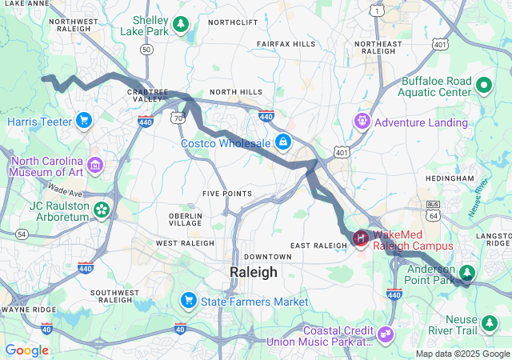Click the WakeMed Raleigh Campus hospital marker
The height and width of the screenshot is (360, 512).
361,238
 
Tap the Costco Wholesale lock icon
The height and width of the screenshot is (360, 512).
282,142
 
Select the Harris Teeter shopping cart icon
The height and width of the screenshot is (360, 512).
83,121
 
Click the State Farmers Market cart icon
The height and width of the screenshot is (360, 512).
189,301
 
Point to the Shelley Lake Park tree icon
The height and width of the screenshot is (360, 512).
182,24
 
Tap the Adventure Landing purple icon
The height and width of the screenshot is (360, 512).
362,122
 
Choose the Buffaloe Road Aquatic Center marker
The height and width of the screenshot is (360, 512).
484,84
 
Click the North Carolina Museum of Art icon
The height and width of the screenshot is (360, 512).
95,165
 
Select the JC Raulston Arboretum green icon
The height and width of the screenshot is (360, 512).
102,210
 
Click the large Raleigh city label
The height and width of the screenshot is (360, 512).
253,272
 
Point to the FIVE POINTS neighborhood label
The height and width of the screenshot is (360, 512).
227,194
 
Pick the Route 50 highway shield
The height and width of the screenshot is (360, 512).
146,49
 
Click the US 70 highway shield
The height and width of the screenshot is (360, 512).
177,118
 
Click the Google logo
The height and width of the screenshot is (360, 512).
26,350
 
